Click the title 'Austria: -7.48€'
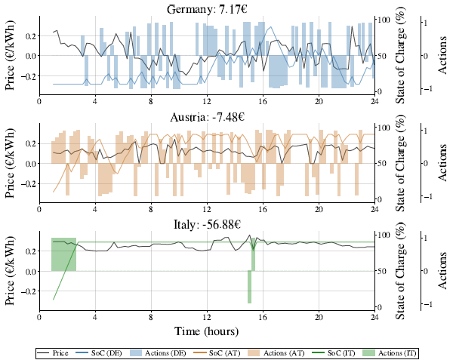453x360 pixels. click(207, 116)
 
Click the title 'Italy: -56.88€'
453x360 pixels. click(207, 224)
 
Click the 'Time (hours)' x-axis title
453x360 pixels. click(207, 331)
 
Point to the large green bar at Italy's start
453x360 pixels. click(63, 254)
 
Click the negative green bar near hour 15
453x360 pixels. click(249, 287)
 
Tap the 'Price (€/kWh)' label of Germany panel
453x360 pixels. click(11, 55)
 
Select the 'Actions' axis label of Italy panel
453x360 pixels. click(443, 270)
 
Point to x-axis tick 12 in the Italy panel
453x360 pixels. click(207, 317)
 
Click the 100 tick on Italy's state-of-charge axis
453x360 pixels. click(384, 235)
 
